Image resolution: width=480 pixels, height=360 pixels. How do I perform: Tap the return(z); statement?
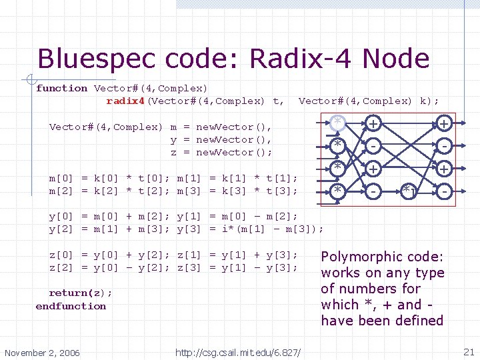click(81, 293)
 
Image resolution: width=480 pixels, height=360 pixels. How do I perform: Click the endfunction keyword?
click(71, 306)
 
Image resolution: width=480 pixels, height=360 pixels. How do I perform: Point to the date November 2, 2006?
click(41, 352)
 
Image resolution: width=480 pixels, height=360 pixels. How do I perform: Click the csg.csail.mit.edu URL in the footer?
click(238, 352)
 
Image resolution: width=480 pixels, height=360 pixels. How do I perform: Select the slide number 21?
click(468, 351)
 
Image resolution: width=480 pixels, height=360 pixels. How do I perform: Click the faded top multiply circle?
click(338, 122)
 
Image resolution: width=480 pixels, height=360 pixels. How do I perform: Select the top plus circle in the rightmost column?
click(443, 123)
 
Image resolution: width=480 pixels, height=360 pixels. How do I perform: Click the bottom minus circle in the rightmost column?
click(443, 192)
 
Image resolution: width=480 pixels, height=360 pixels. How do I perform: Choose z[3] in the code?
click(190, 267)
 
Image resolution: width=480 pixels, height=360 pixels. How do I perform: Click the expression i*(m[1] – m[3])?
click(273, 229)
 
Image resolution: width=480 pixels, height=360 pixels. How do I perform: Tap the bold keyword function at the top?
click(62, 88)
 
